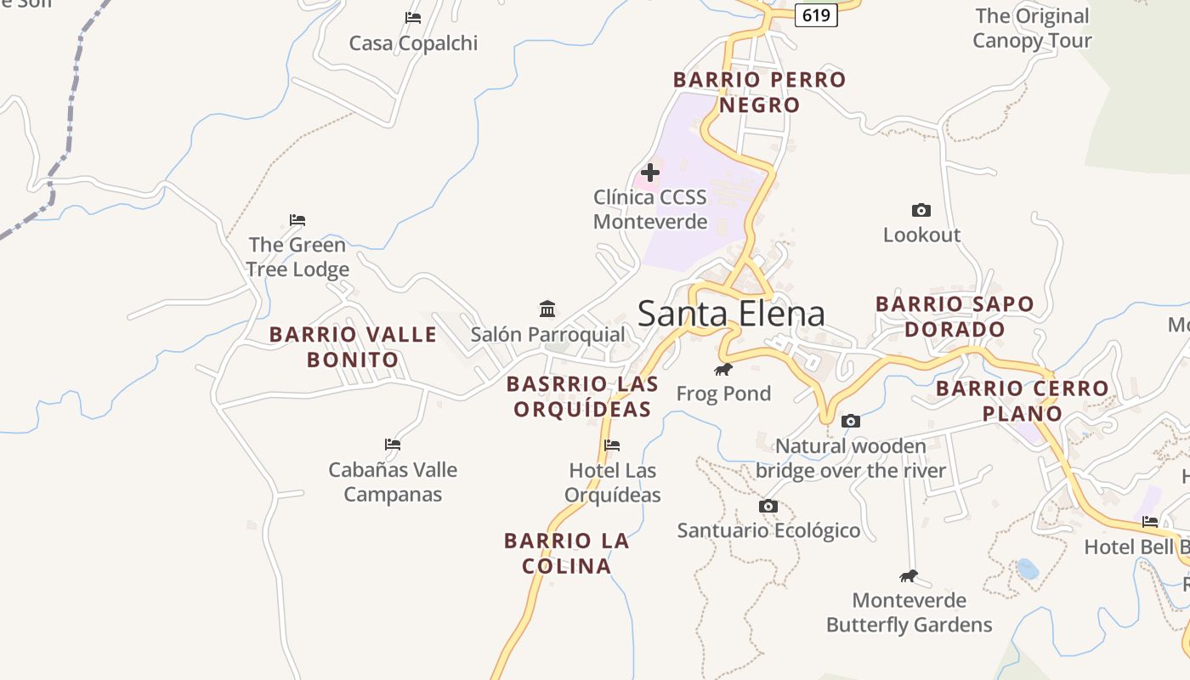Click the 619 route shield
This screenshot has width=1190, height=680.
(816, 15)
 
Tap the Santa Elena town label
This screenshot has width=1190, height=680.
(731, 314)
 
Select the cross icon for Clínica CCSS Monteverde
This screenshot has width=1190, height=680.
(650, 173)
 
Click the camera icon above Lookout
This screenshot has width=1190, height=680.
(921, 210)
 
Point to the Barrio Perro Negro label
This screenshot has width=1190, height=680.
(760, 92)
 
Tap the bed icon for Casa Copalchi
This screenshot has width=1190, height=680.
(413, 17)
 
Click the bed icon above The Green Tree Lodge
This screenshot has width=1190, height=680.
(297, 219)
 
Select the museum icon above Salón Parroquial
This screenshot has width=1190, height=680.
(547, 309)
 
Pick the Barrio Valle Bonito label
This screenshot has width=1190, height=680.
(353, 347)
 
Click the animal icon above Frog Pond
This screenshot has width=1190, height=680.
(723, 369)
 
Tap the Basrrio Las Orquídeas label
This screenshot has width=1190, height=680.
(582, 396)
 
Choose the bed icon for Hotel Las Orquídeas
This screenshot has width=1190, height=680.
(612, 445)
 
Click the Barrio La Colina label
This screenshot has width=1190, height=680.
(566, 553)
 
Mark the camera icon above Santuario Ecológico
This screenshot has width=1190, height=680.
(768, 506)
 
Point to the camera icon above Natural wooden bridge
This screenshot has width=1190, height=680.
(850, 421)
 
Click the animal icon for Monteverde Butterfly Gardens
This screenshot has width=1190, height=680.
(909, 575)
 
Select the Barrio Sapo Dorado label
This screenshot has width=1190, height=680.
(955, 316)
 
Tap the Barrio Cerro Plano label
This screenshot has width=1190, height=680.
(1023, 401)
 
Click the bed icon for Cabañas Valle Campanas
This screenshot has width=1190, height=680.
(392, 444)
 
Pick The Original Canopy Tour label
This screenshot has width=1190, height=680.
(1032, 28)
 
